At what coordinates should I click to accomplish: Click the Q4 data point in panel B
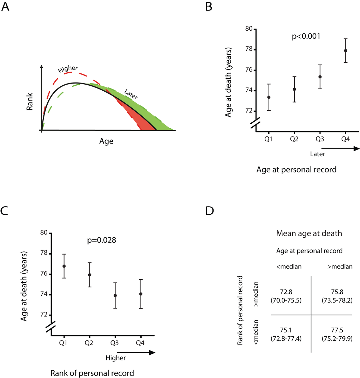coord(346,50)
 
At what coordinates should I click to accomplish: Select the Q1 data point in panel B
coord(269,97)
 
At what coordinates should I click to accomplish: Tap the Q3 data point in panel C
coord(115,295)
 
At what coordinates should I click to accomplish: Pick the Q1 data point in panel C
coord(64,266)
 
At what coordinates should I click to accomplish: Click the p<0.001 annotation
coord(306,36)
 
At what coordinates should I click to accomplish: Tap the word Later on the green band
coord(131,94)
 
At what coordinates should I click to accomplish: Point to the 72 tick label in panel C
coord(44,315)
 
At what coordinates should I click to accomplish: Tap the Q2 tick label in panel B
coord(294,139)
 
